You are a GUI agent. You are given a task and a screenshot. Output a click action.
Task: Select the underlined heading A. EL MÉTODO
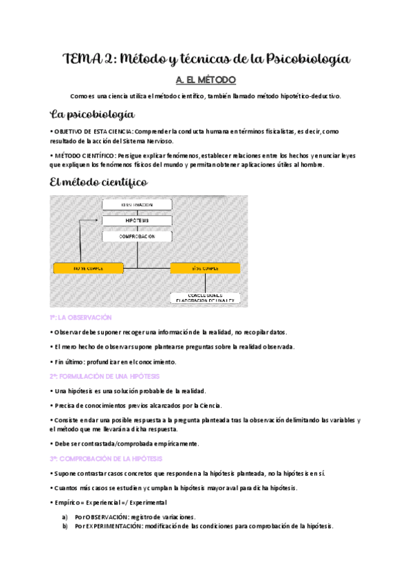[206, 80]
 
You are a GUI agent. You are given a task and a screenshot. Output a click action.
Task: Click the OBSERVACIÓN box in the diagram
[138, 205]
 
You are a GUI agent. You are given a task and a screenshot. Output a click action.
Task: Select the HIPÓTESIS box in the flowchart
[138, 221]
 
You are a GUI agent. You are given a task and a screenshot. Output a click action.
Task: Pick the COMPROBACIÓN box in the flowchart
[138, 236]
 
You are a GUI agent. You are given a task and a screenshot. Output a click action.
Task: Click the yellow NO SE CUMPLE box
[88, 268]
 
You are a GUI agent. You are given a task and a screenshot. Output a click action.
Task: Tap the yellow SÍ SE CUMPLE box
[205, 268]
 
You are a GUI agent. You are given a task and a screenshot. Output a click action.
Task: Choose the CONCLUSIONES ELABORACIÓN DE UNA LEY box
[205, 298]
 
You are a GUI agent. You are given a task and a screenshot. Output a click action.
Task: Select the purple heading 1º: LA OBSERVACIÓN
[80, 318]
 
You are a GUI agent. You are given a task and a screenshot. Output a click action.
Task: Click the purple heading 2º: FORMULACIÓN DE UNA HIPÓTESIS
[105, 376]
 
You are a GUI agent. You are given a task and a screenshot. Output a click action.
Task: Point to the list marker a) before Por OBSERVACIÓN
[65, 516]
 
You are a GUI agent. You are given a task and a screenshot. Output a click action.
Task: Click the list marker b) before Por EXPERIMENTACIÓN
[65, 526]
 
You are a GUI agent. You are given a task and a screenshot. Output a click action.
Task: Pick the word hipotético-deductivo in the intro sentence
[307, 96]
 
